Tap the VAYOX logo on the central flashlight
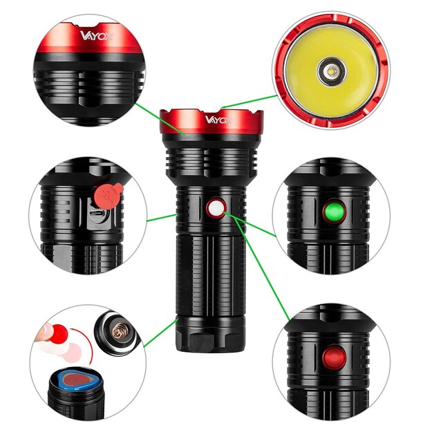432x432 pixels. coord(217,119)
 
